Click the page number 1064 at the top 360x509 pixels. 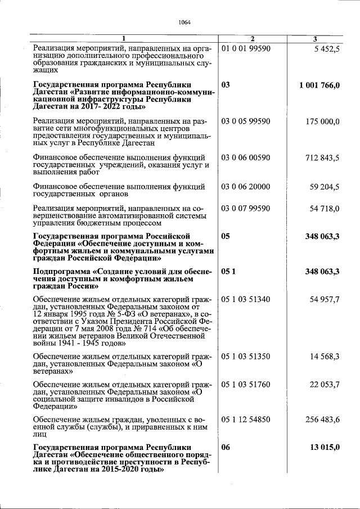click(184, 22)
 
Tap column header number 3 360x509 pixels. click(315, 39)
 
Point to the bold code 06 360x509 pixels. click(226, 447)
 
